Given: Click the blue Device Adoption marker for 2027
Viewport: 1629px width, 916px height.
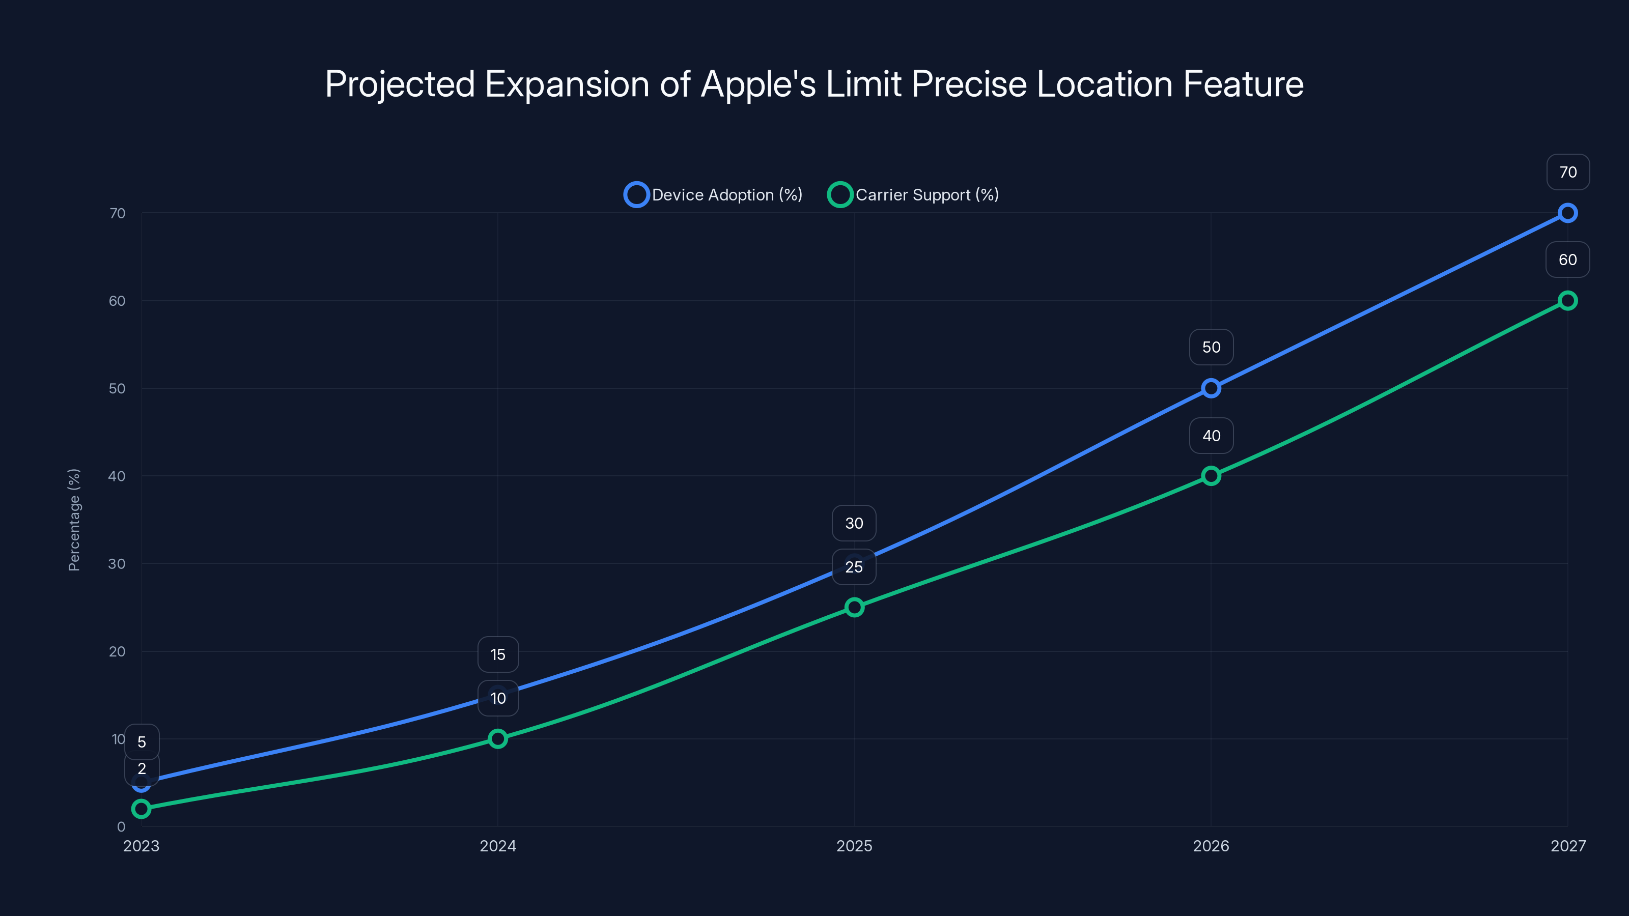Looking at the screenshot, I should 1567,213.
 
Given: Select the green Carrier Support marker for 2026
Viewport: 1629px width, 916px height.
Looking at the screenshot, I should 1211,476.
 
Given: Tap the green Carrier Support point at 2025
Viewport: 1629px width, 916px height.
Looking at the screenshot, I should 854,607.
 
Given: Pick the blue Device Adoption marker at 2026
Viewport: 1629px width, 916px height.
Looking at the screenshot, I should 1211,388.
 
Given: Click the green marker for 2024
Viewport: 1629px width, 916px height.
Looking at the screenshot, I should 498,738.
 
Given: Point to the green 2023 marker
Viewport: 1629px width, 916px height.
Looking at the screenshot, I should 141,809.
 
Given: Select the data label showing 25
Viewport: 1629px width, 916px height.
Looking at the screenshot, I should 854,567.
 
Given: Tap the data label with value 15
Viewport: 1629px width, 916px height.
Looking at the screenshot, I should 498,654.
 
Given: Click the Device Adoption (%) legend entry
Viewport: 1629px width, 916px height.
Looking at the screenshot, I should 713,195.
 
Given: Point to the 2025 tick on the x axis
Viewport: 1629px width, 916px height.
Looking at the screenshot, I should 854,846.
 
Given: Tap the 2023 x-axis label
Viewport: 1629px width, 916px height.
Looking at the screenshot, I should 141,846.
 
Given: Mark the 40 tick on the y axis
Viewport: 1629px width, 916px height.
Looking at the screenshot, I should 117,476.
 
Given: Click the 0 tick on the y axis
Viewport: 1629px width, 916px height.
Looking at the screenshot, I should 121,826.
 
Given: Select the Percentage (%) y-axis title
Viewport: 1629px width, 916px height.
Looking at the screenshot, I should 74,520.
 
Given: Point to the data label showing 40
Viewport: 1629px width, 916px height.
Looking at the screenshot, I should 1211,436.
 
